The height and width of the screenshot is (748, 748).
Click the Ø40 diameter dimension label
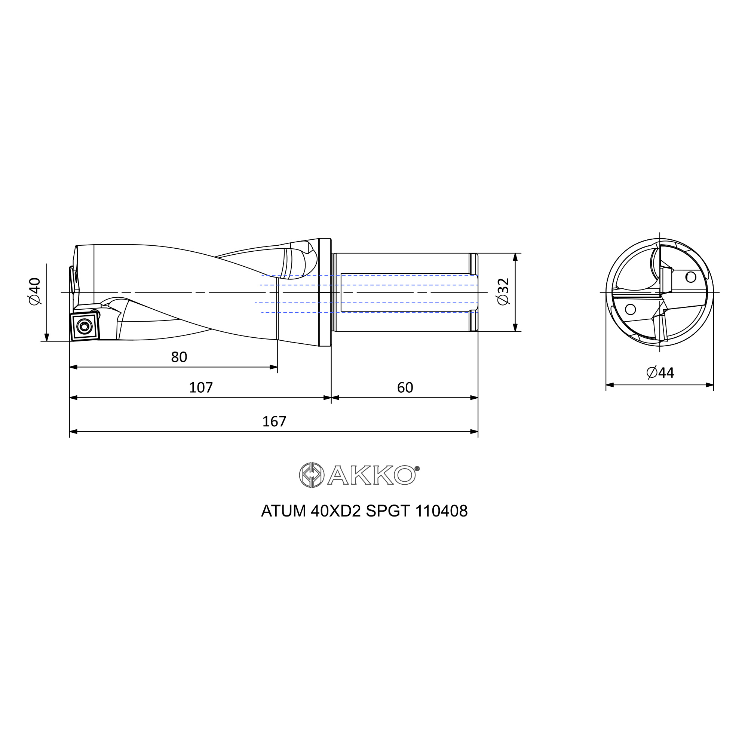pos(34,291)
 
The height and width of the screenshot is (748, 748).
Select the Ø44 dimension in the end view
pos(660,373)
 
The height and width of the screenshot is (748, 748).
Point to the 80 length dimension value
pos(179,357)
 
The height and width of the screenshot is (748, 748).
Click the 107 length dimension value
pos(200,387)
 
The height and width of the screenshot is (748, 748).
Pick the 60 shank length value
pos(405,387)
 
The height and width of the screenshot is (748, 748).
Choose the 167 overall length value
pos(274,421)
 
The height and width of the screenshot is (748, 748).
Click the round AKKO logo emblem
pos(312,475)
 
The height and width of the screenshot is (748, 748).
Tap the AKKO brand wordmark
pos(371,475)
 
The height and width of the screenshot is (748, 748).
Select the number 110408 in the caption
pos(441,511)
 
